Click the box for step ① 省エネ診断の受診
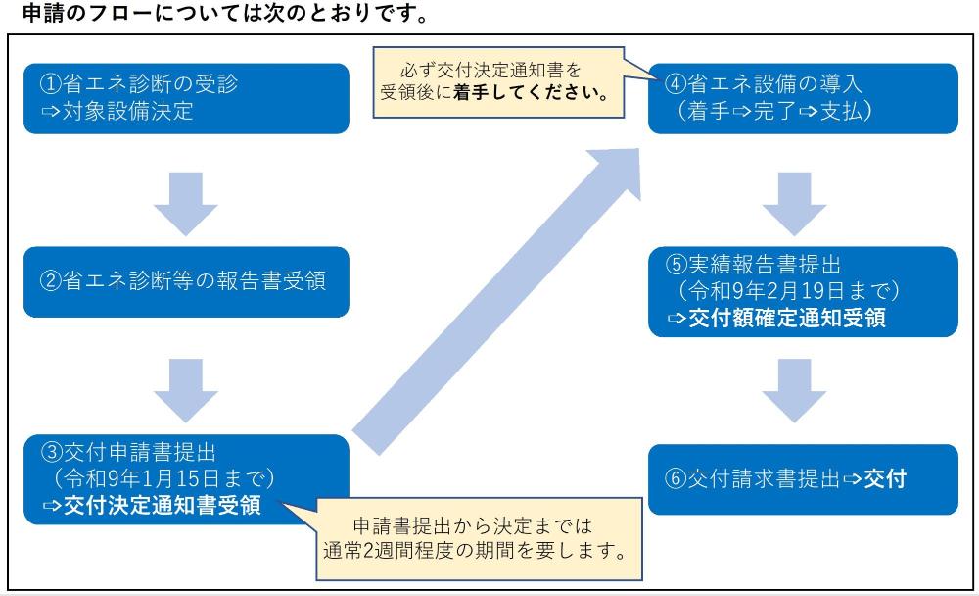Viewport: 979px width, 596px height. click(187, 98)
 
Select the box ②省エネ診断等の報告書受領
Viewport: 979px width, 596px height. click(187, 281)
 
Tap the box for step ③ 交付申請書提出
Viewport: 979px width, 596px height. click(187, 479)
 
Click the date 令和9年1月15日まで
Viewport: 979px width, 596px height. click(163, 479)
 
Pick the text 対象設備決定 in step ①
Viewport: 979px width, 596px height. click(123, 111)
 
